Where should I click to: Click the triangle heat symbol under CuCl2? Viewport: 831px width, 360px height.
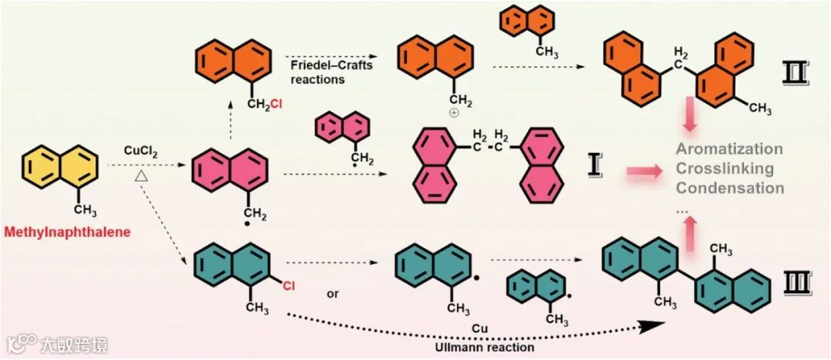141,177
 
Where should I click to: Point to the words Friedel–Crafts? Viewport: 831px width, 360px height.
332,65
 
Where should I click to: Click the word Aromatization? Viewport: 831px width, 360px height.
729,148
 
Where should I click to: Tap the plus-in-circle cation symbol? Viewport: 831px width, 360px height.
453,112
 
